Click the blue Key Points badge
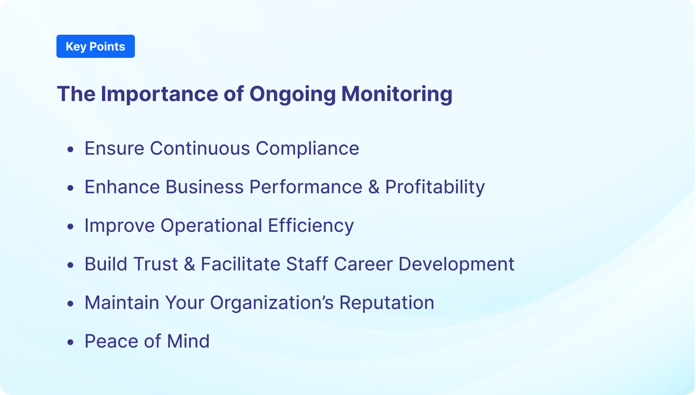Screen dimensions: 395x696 click(96, 46)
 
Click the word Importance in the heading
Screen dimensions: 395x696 click(159, 94)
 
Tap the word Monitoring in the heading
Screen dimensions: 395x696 click(397, 94)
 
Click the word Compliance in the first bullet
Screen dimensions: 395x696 click(307, 148)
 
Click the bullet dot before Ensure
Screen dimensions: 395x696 click(71, 149)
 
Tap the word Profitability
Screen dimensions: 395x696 click(435, 187)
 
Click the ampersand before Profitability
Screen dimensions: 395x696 click(373, 187)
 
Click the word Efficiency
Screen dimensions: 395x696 click(311, 226)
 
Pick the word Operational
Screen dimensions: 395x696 click(211, 226)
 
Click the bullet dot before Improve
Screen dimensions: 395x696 click(71, 226)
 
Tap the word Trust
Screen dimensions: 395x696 click(155, 264)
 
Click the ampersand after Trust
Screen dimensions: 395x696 click(189, 264)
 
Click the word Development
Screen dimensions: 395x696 click(456, 264)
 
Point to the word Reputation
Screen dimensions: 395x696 click(386, 303)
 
